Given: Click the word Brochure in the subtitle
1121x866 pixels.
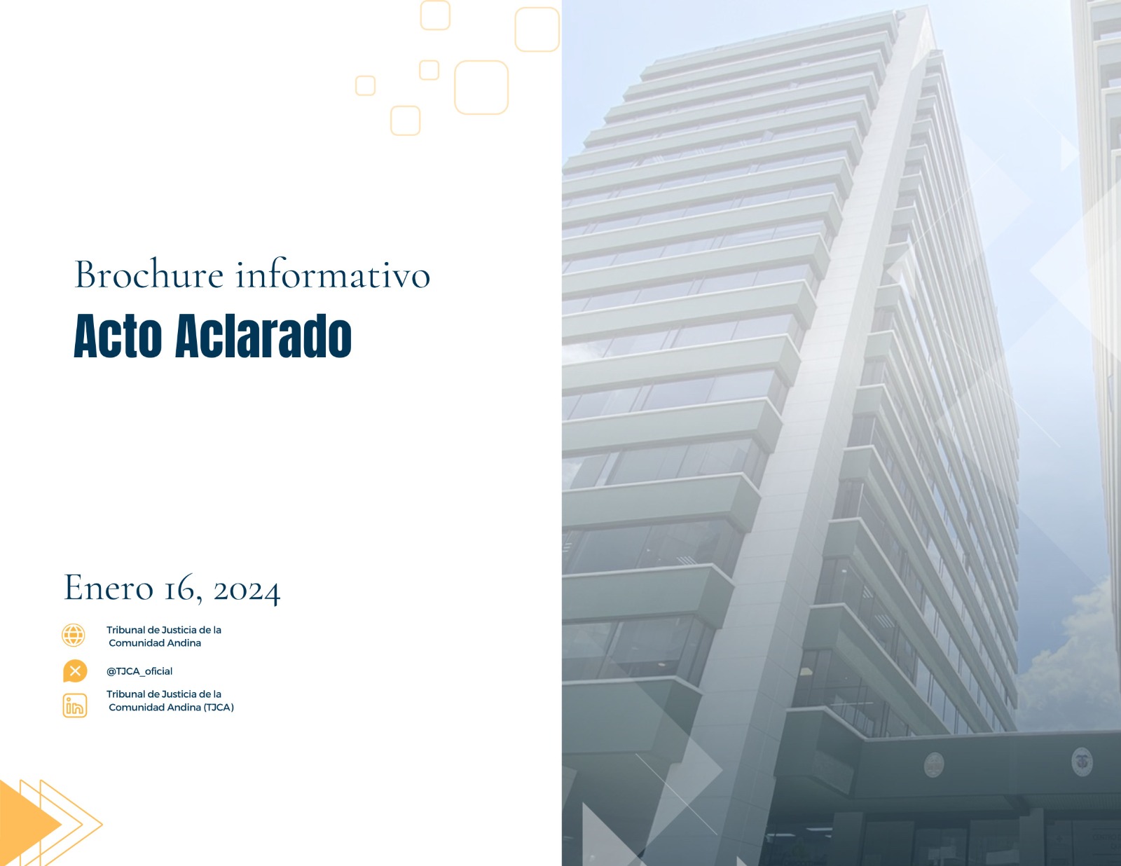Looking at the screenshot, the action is pyautogui.click(x=149, y=275).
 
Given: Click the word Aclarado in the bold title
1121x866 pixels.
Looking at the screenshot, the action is pyautogui.click(x=263, y=336).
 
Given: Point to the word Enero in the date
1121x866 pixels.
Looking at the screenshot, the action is pyautogui.click(x=109, y=587).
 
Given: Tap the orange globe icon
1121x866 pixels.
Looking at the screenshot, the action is pyautogui.click(x=74, y=635).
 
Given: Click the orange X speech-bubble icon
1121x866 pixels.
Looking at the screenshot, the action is pyautogui.click(x=75, y=671).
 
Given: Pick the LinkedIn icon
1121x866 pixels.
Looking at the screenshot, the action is pyautogui.click(x=75, y=705).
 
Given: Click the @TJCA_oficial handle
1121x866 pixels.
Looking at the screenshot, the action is pyautogui.click(x=139, y=671).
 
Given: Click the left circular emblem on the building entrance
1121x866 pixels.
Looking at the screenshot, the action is pyautogui.click(x=934, y=764).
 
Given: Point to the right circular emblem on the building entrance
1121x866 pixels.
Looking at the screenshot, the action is pyautogui.click(x=1082, y=762).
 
